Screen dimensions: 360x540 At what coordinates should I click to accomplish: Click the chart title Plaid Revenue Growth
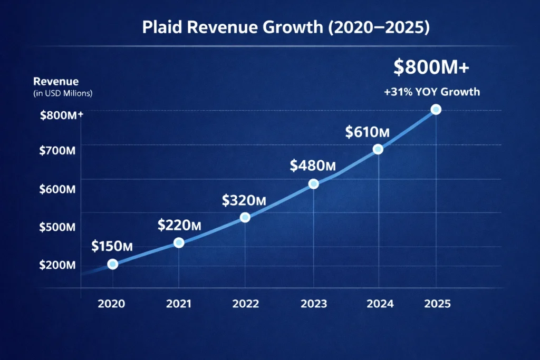(x=286, y=28)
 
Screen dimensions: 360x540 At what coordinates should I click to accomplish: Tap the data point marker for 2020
(x=112, y=264)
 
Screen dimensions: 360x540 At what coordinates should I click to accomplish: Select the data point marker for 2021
(x=179, y=242)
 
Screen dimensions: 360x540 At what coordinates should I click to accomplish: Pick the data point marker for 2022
(x=245, y=217)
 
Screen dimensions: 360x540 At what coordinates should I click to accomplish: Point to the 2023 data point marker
(x=313, y=183)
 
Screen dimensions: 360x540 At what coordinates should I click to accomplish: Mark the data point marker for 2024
(x=378, y=149)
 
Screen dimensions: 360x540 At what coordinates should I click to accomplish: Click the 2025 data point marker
(x=436, y=110)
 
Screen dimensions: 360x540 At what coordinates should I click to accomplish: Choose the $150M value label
(x=111, y=246)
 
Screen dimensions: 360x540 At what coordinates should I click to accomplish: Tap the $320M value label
(x=244, y=200)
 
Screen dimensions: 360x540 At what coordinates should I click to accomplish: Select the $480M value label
(x=313, y=166)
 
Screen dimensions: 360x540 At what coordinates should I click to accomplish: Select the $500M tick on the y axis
(x=57, y=227)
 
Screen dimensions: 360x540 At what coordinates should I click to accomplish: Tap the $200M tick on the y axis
(x=57, y=265)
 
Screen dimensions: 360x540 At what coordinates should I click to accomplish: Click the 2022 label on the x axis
(x=245, y=304)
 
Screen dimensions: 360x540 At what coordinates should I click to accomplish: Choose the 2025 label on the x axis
(x=437, y=304)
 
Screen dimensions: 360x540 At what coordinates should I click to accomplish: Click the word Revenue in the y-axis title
(x=56, y=82)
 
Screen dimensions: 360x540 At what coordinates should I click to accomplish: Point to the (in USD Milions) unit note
(x=63, y=93)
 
